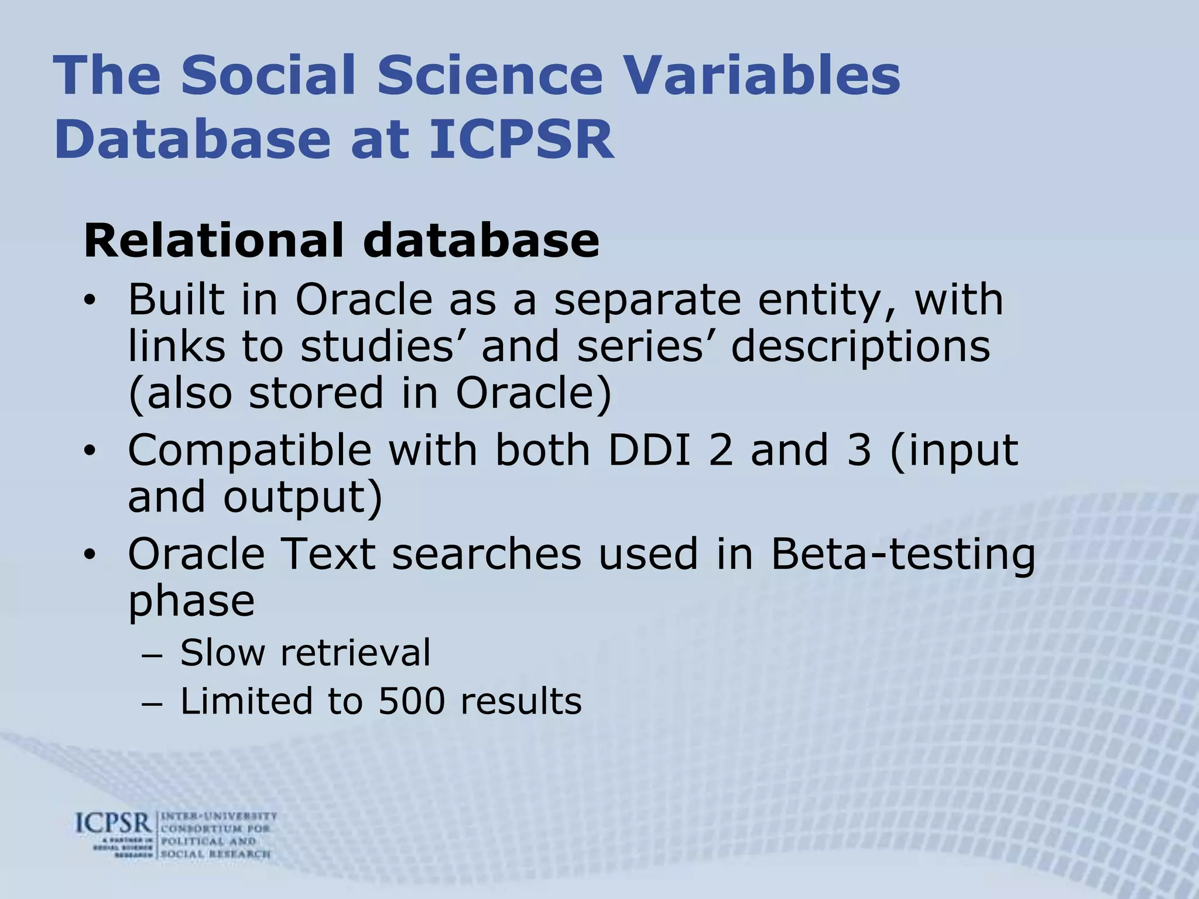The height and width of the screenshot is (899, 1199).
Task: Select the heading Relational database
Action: tap(341, 240)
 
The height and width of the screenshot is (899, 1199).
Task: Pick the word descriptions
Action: tap(860, 347)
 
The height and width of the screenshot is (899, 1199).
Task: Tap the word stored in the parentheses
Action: tap(317, 393)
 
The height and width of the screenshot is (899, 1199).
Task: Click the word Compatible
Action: tap(249, 451)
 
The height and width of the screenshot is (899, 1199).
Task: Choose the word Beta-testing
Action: tap(902, 555)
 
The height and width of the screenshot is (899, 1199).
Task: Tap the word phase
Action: tap(191, 602)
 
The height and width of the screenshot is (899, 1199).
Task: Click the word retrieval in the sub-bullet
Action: tap(355, 653)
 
